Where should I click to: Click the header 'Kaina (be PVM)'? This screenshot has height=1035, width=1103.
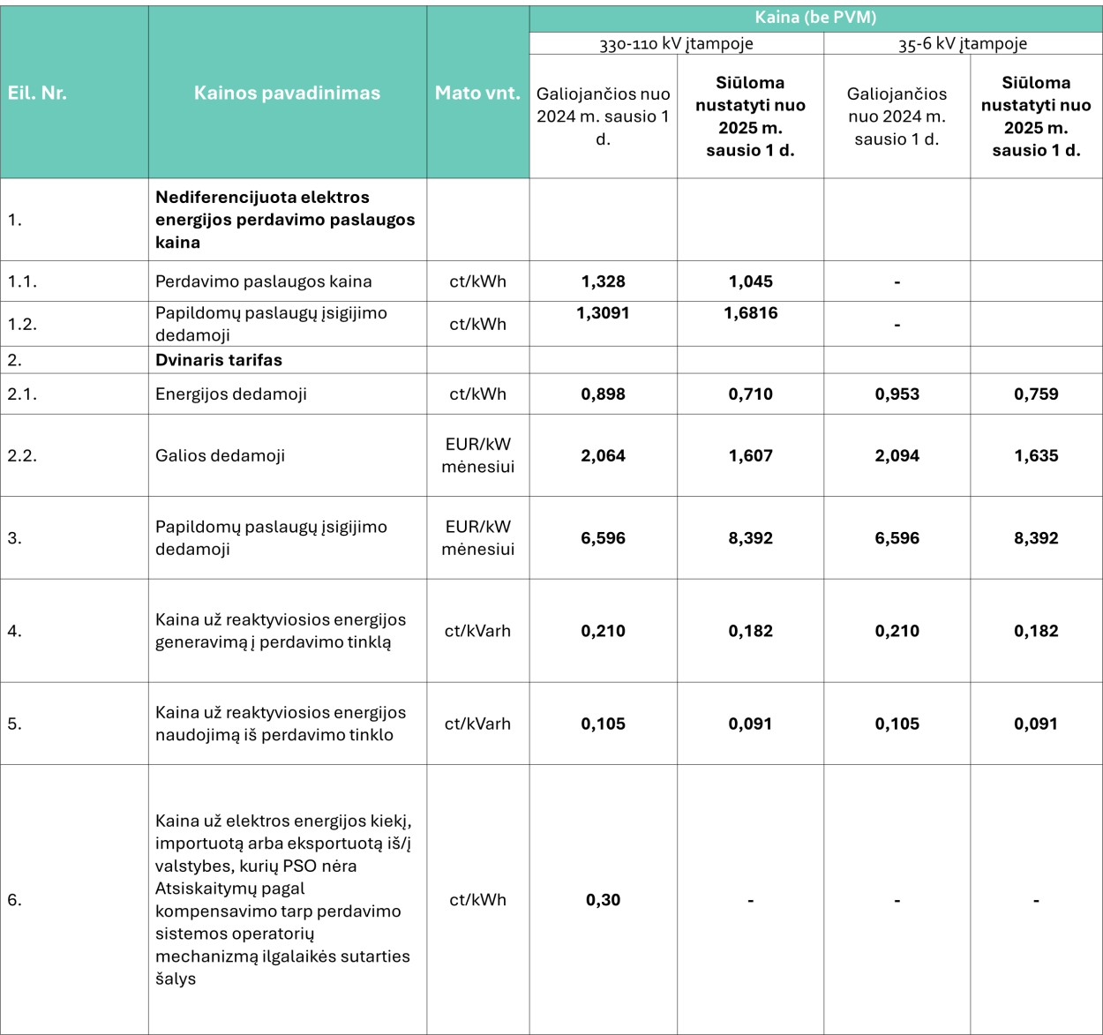(815, 18)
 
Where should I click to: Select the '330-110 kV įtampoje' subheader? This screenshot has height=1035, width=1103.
(676, 43)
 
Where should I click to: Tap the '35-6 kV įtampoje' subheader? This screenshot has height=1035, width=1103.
(963, 43)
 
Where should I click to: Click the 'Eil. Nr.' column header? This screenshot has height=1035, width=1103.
(37, 93)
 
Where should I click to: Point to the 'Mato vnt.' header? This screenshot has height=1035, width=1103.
(477, 93)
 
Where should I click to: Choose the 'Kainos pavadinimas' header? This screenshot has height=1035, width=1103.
(287, 93)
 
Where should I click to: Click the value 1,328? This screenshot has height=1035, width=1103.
(603, 281)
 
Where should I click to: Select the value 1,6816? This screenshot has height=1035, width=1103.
(750, 313)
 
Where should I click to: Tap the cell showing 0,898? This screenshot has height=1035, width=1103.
(603, 394)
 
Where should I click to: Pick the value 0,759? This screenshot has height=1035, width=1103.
(1036, 394)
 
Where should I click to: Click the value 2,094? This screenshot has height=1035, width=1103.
(897, 456)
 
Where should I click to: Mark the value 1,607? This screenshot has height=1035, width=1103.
(750, 456)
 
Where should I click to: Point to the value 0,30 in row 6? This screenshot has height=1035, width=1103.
(603, 900)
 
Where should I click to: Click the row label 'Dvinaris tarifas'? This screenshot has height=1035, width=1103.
(219, 360)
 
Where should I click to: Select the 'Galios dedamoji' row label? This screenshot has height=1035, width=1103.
(220, 456)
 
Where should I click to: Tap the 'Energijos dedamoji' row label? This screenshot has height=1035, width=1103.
(231, 394)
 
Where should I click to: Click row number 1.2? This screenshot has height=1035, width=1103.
(22, 324)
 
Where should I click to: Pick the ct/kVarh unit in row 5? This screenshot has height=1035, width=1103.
(477, 724)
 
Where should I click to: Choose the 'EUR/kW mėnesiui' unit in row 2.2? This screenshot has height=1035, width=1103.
(477, 455)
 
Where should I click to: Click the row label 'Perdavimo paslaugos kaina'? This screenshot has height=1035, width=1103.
(263, 281)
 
